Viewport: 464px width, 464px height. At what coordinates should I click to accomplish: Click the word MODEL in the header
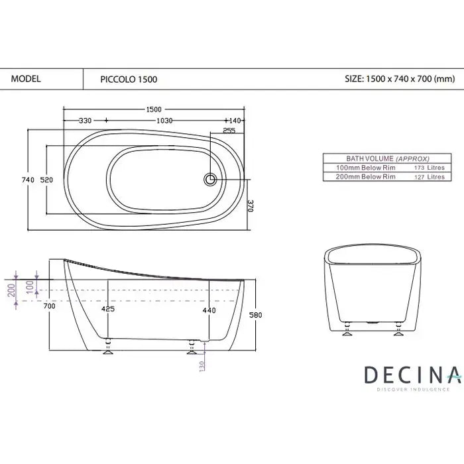coord(27,78)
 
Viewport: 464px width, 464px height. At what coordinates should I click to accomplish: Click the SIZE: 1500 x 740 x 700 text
coord(400,78)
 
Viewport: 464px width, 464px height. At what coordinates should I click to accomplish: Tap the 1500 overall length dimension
coord(154,109)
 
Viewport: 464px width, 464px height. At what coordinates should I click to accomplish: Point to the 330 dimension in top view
coord(85,120)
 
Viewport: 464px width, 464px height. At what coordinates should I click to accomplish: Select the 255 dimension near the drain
coord(229,131)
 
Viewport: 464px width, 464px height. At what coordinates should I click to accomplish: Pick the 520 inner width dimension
coord(47,179)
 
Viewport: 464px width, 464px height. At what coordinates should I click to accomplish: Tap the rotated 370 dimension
coord(251,206)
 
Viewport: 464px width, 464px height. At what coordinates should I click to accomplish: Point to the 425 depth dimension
coord(107,309)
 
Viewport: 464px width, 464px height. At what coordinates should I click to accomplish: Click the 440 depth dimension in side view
coord(209,309)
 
